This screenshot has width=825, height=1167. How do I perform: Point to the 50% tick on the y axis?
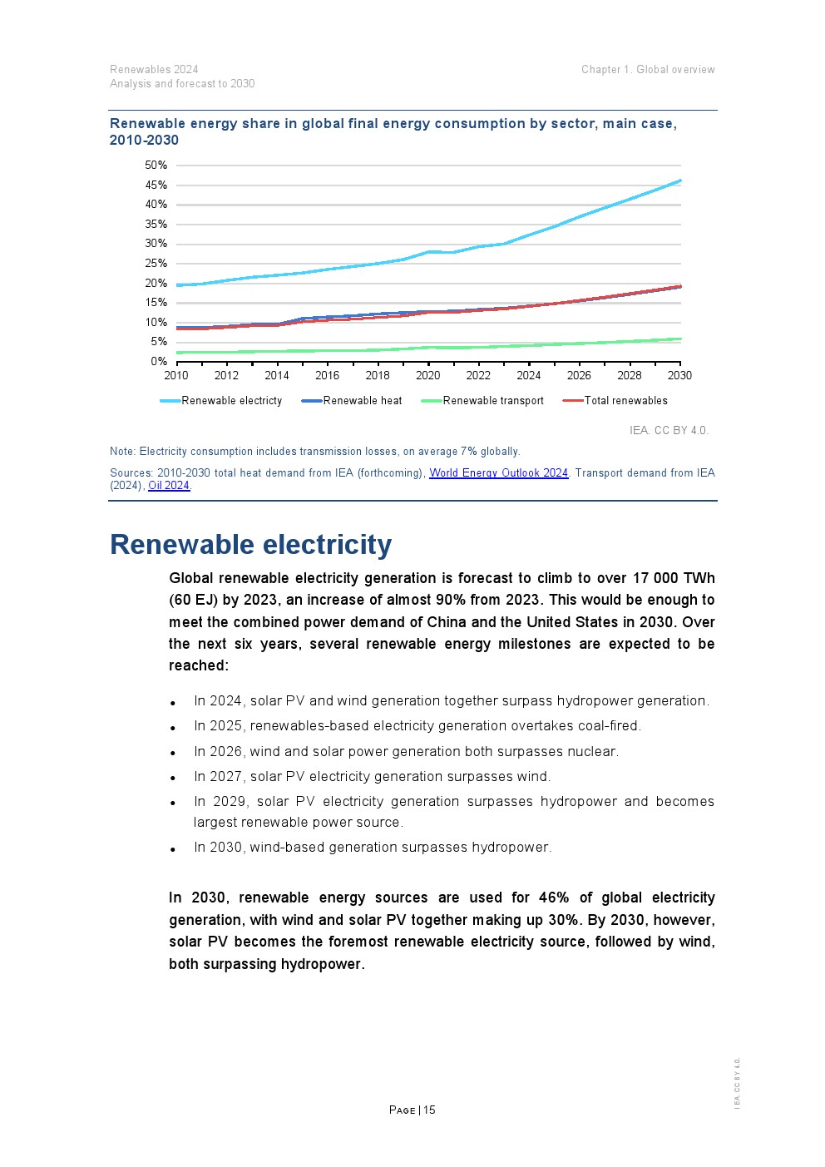click(156, 166)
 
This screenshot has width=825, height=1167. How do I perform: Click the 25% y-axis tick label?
click(156, 264)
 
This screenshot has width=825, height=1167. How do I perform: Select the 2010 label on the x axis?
click(176, 376)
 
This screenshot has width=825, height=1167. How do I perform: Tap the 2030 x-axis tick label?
click(679, 376)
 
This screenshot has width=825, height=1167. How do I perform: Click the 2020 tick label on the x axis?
click(428, 376)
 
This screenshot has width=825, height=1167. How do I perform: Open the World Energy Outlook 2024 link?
click(498, 473)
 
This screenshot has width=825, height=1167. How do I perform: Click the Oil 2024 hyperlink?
click(169, 486)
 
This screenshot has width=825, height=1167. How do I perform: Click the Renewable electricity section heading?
click(250, 545)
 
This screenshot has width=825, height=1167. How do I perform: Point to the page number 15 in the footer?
click(429, 1110)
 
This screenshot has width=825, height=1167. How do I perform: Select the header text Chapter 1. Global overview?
click(648, 70)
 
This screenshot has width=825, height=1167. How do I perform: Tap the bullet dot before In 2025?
click(173, 728)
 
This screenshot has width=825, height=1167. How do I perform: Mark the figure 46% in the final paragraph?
click(554, 898)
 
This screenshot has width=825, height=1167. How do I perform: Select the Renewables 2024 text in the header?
click(154, 70)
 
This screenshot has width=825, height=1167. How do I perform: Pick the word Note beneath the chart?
click(121, 452)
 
